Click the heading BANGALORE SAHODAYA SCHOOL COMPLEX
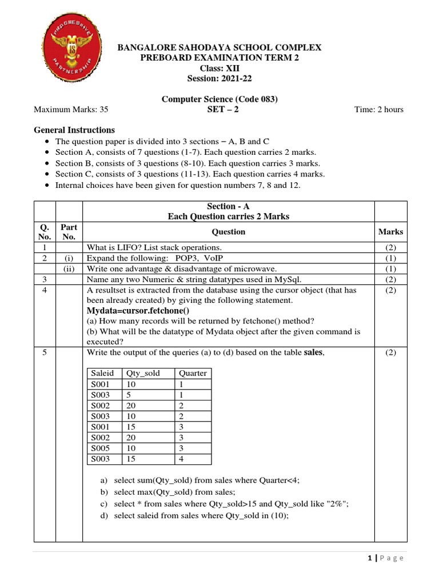(219, 47)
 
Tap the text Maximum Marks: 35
(71, 110)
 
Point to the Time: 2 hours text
(378, 110)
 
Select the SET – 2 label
(223, 110)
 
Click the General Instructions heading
(74, 130)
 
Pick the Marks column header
(390, 231)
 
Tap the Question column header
(228, 231)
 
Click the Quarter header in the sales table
(193, 373)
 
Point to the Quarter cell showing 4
(181, 459)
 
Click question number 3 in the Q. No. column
(44, 279)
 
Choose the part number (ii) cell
(69, 269)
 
